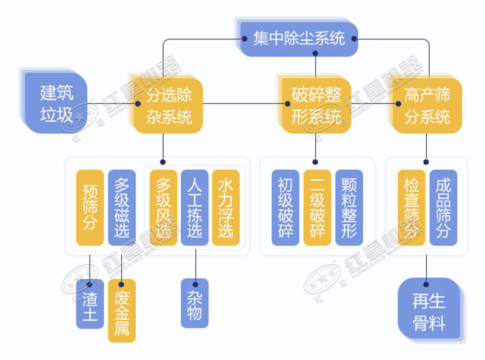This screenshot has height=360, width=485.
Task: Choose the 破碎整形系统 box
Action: click(316, 104)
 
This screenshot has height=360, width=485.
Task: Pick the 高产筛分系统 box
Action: click(427, 104)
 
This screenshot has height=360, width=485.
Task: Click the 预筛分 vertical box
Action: click(90, 207)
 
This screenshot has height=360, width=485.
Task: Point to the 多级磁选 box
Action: click(122, 207)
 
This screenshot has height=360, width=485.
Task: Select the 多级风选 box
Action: click(163, 207)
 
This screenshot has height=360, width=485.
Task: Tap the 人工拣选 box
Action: click(195, 207)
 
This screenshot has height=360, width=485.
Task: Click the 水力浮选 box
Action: click(226, 207)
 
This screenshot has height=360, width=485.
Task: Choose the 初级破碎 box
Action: click(285, 207)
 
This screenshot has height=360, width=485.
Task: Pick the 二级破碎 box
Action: click(316, 207)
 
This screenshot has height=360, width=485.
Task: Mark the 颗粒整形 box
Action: click(349, 207)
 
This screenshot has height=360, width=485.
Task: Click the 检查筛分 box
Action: click(412, 207)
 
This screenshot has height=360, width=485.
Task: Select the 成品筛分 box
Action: click(443, 207)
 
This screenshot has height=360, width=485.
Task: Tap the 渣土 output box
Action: click(90, 304)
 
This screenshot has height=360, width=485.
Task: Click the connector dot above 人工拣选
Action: click(162, 162)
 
